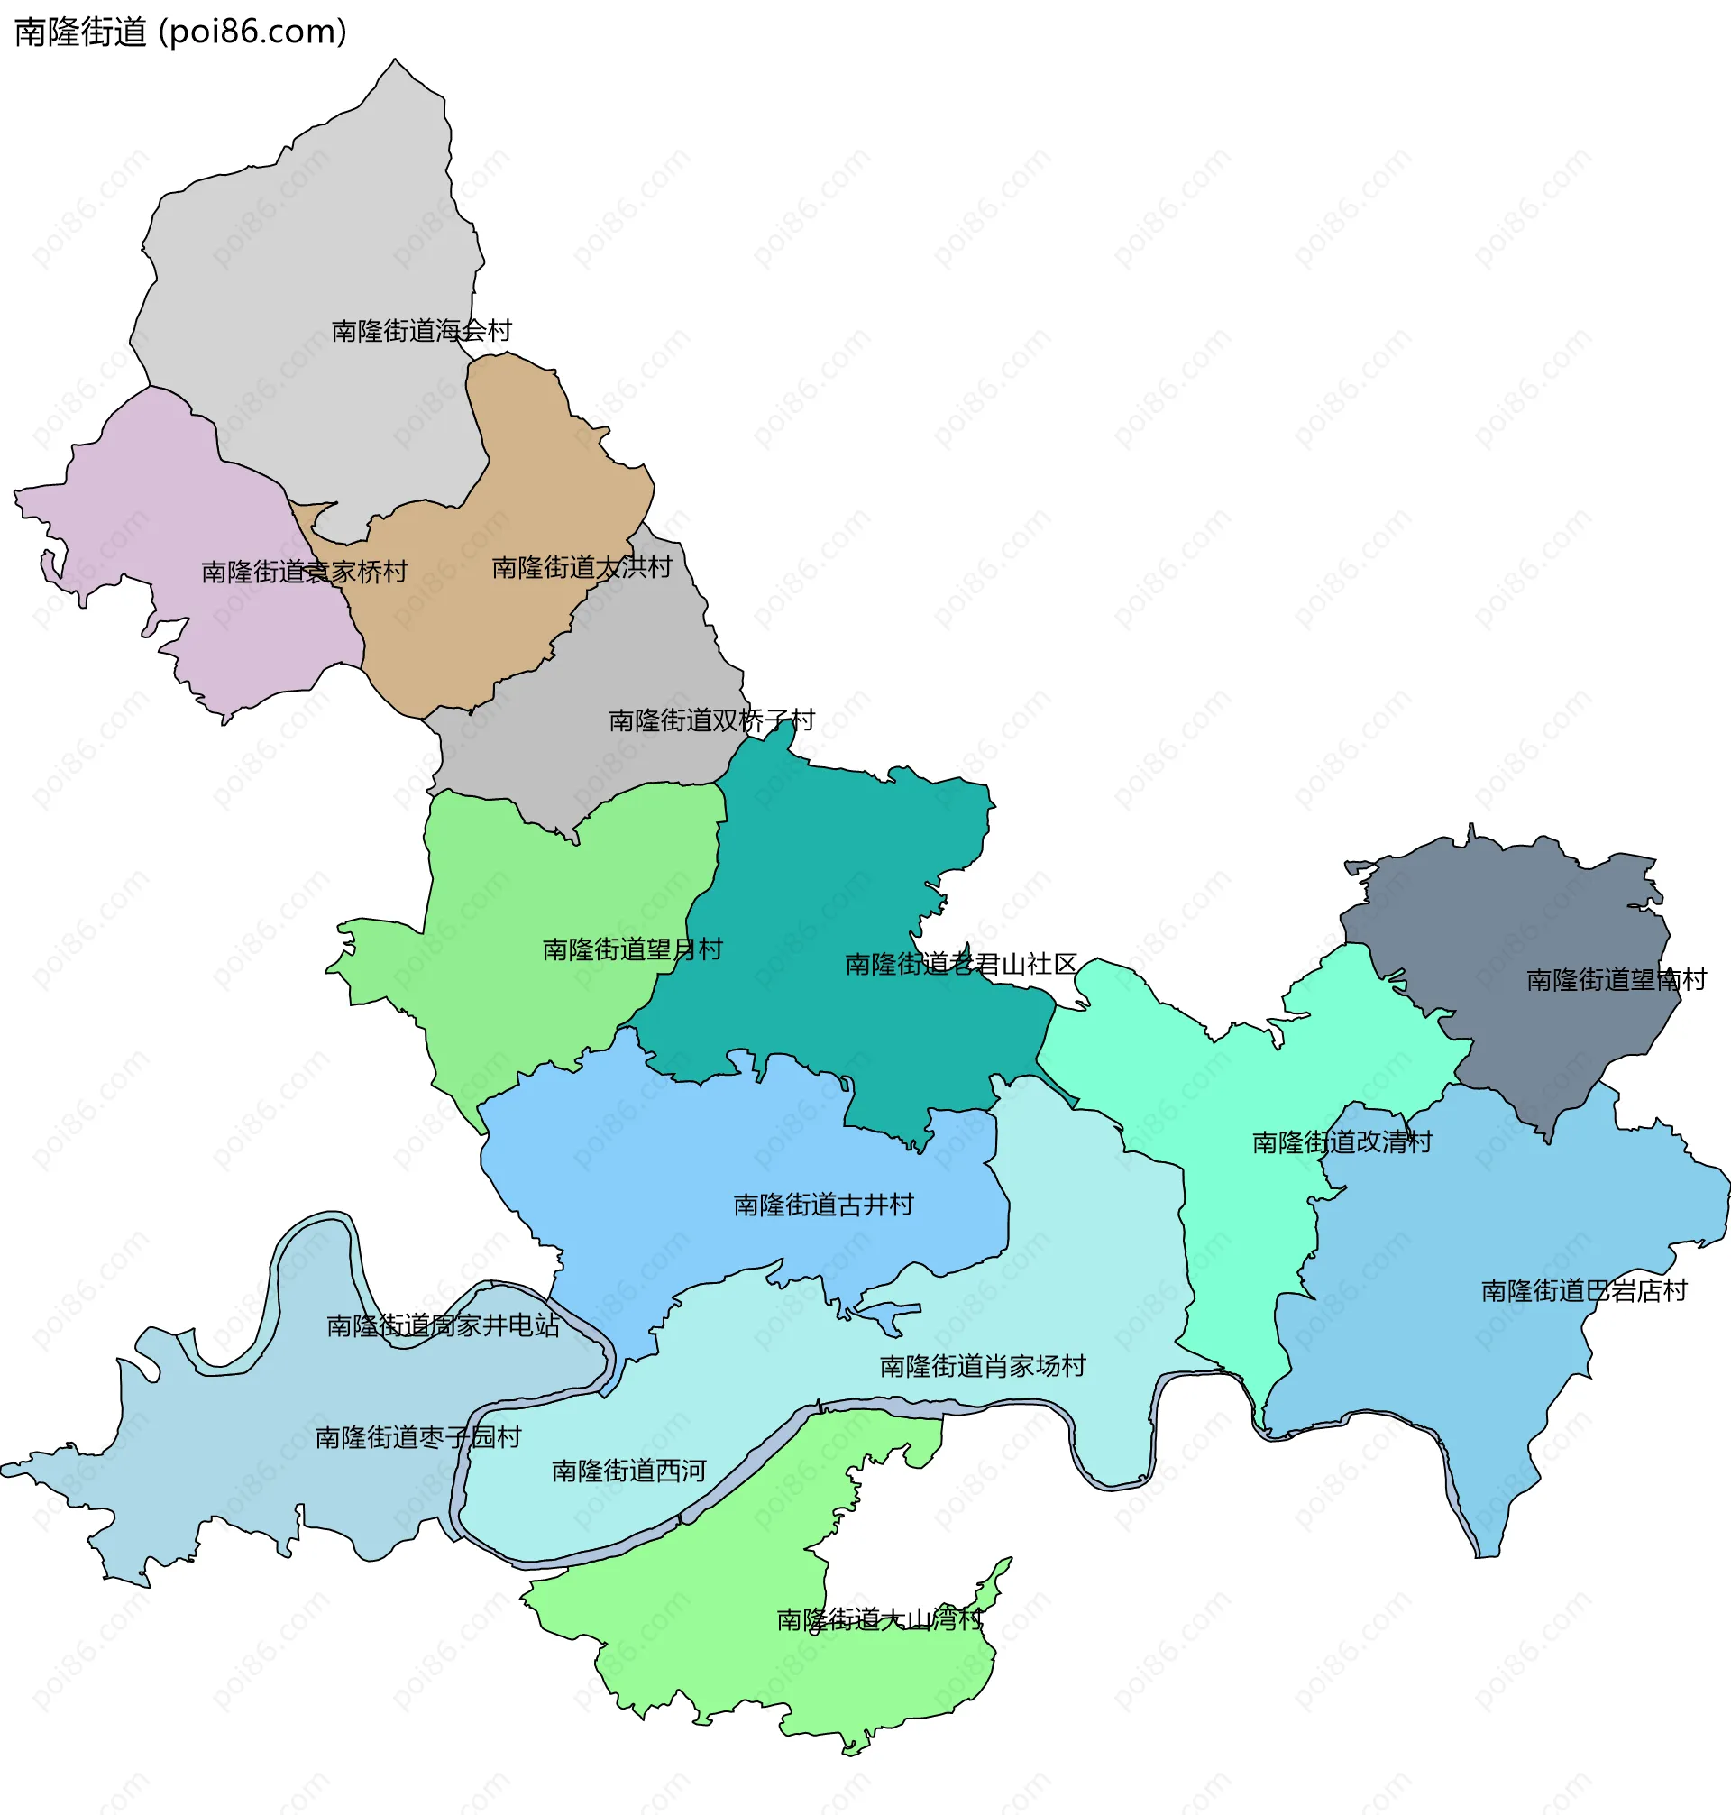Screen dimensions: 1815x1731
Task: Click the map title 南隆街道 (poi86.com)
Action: (181, 32)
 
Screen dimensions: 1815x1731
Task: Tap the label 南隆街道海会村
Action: (422, 330)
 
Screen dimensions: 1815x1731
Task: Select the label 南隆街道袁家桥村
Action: (305, 572)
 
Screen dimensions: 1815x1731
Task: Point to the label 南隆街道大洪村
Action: (582, 567)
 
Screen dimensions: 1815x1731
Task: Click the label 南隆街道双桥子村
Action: (711, 720)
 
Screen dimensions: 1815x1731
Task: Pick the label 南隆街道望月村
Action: (632, 949)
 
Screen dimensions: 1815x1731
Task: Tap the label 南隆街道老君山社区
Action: (960, 964)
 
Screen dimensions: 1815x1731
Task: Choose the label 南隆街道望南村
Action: (1617, 980)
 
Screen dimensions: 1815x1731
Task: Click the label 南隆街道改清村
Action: (1342, 1142)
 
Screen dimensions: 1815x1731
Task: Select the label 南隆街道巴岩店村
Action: (1584, 1291)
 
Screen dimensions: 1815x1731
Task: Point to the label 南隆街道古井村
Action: (823, 1205)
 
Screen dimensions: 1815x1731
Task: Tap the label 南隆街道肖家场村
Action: (983, 1366)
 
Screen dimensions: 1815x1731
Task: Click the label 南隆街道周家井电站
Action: (443, 1326)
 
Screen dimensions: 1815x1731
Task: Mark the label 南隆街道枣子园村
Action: (418, 1437)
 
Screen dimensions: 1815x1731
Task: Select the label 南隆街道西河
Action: (629, 1471)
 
